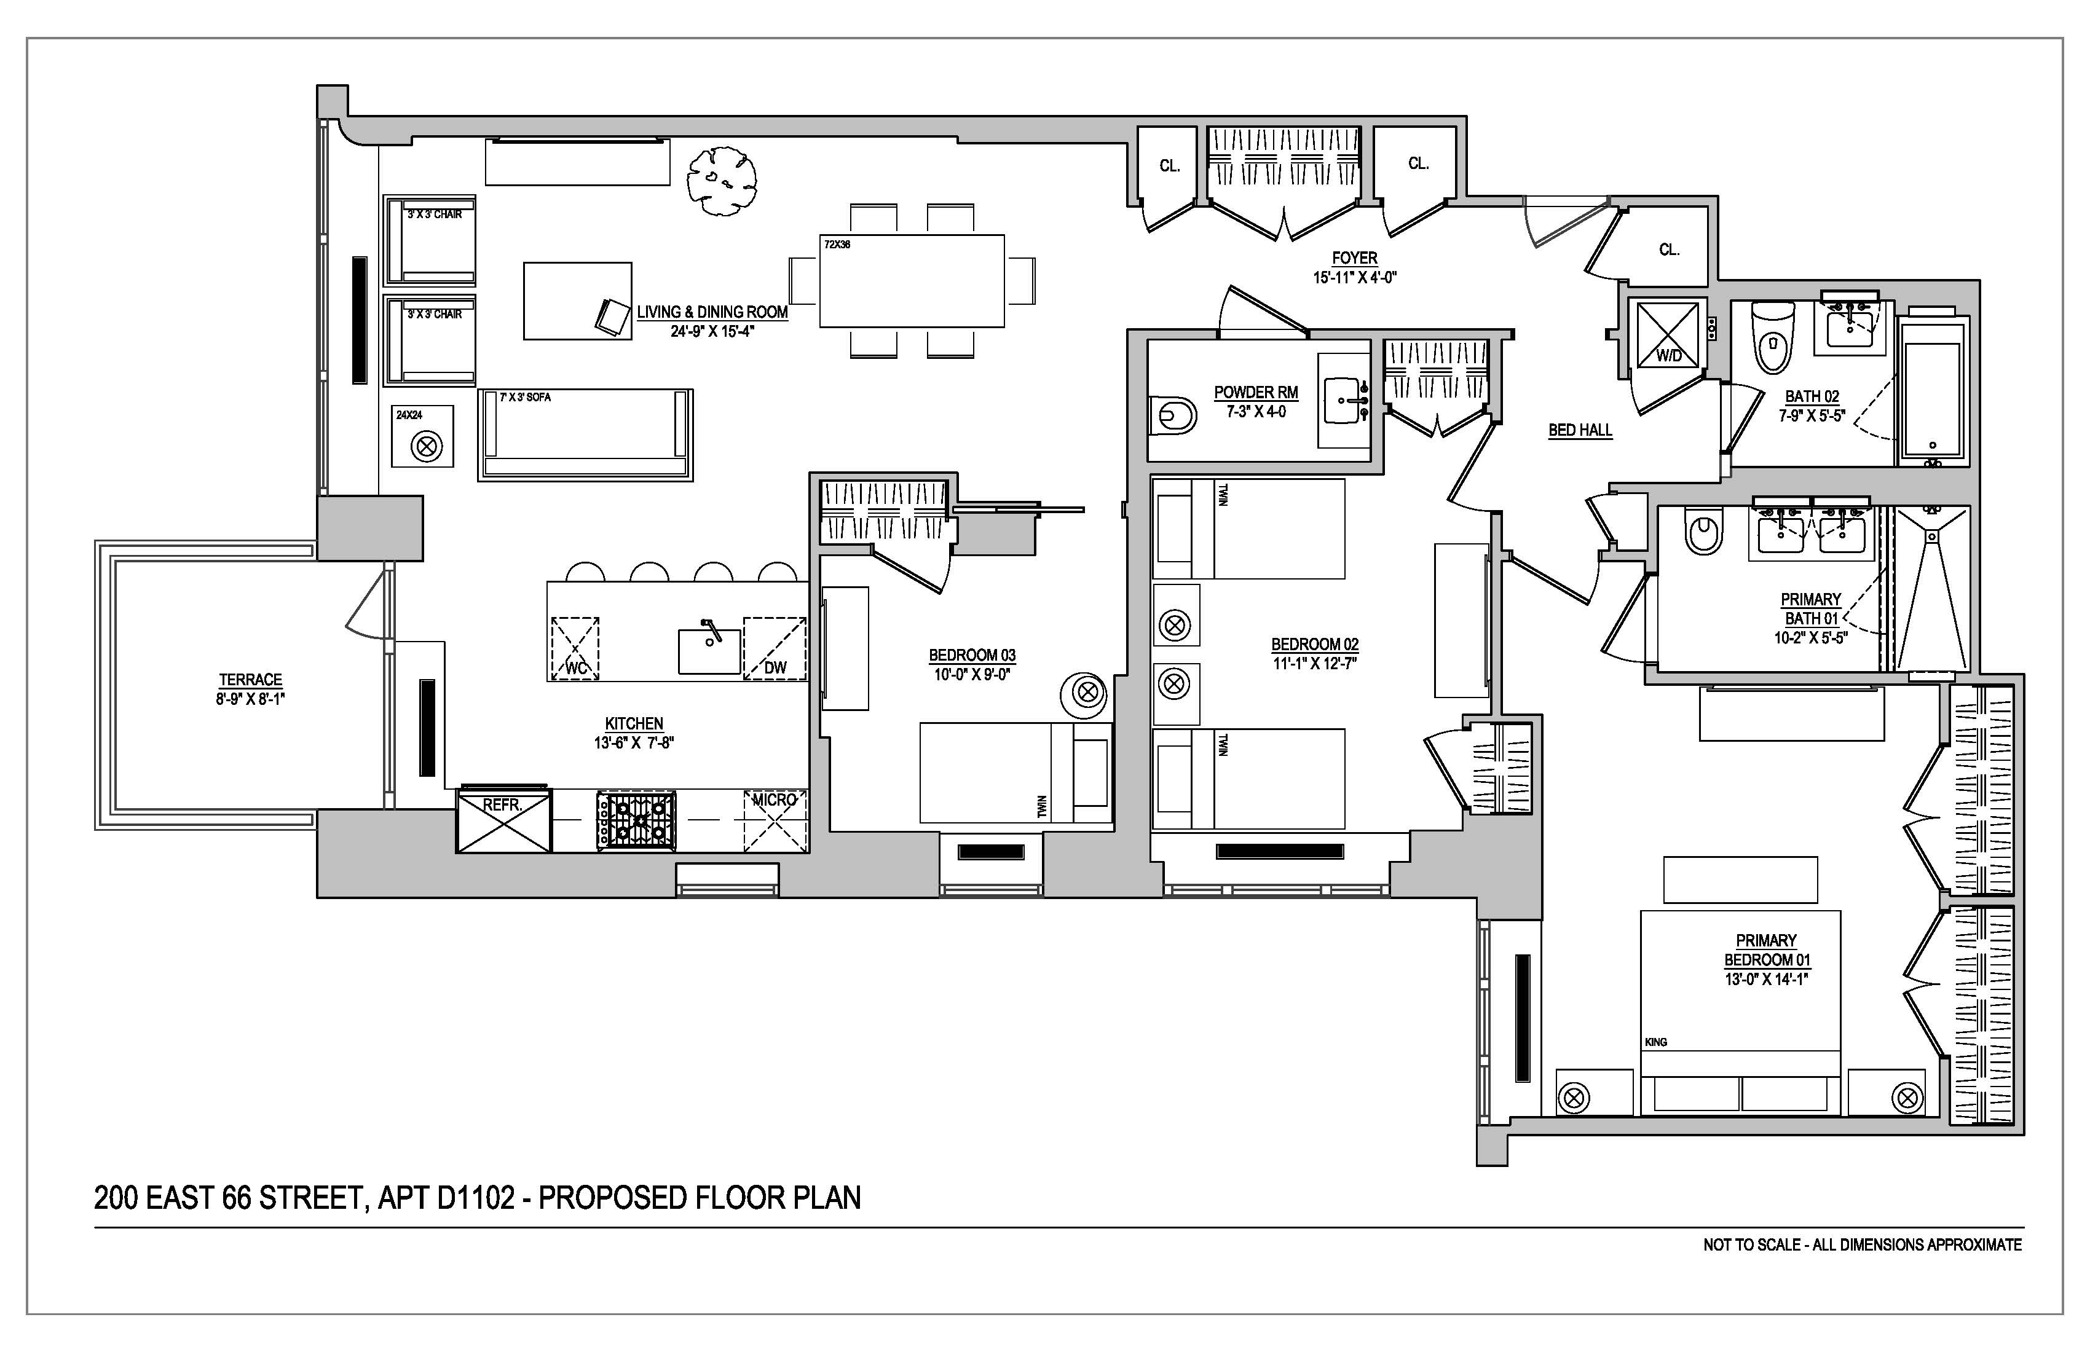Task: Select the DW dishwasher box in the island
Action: [775, 648]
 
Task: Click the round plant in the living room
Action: [721, 180]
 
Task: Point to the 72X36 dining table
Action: [912, 281]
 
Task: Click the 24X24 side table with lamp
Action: [422, 436]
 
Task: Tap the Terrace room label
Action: [250, 680]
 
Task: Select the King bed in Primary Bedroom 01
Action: [1740, 1012]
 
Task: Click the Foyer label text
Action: [1354, 258]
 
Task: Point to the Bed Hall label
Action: [1580, 430]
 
